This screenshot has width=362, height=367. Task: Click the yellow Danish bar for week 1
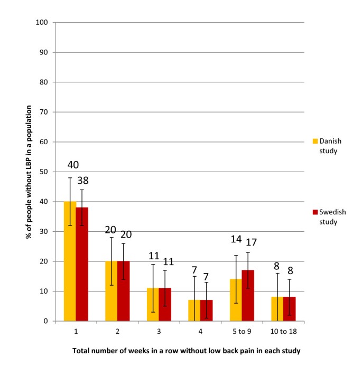click(x=70, y=261)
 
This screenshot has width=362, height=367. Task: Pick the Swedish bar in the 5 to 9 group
click(x=248, y=296)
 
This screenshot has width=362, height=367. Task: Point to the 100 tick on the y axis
click(x=42, y=23)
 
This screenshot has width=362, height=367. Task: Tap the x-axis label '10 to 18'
click(x=283, y=331)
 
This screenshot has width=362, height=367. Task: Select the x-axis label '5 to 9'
click(x=242, y=331)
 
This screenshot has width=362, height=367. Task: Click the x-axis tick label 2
click(x=117, y=331)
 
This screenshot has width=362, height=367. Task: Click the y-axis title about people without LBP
click(x=29, y=172)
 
